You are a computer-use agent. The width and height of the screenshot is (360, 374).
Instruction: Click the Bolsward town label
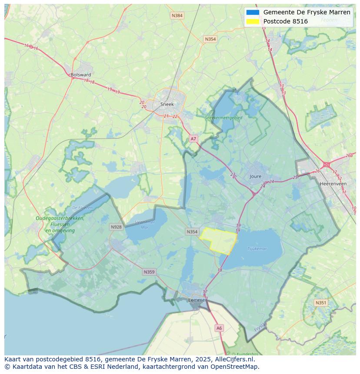tap(81, 75)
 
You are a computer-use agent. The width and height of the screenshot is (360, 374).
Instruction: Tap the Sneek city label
tap(167, 104)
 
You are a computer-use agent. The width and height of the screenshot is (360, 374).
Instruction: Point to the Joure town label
tap(256, 176)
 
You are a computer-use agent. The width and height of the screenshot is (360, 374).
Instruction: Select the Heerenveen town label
tap(333, 184)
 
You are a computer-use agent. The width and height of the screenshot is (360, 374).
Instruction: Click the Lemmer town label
tap(197, 300)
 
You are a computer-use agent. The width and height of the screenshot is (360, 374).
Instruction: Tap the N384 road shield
tap(177, 16)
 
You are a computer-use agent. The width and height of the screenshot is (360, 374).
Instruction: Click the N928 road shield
tap(116, 227)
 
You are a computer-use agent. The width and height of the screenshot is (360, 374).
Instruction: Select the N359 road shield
tap(149, 272)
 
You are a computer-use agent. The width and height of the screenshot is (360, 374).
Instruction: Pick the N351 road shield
tap(321, 303)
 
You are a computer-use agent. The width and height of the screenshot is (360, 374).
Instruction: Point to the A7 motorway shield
tap(193, 139)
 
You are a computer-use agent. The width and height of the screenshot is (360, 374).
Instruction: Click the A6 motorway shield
tap(219, 328)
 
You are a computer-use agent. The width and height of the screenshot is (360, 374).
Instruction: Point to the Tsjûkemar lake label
tap(257, 249)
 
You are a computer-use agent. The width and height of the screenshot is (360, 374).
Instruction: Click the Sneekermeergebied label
tap(224, 117)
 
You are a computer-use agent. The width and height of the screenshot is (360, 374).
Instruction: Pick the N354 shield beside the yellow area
tap(192, 232)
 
